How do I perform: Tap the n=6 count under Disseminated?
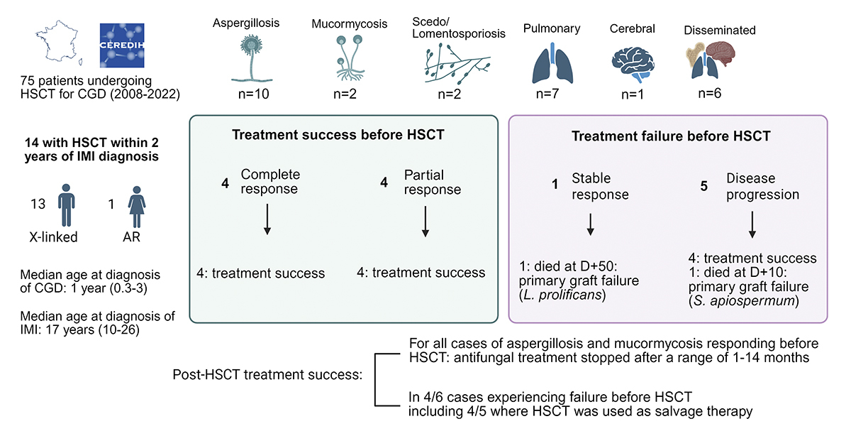720,92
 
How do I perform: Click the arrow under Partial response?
425,221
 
